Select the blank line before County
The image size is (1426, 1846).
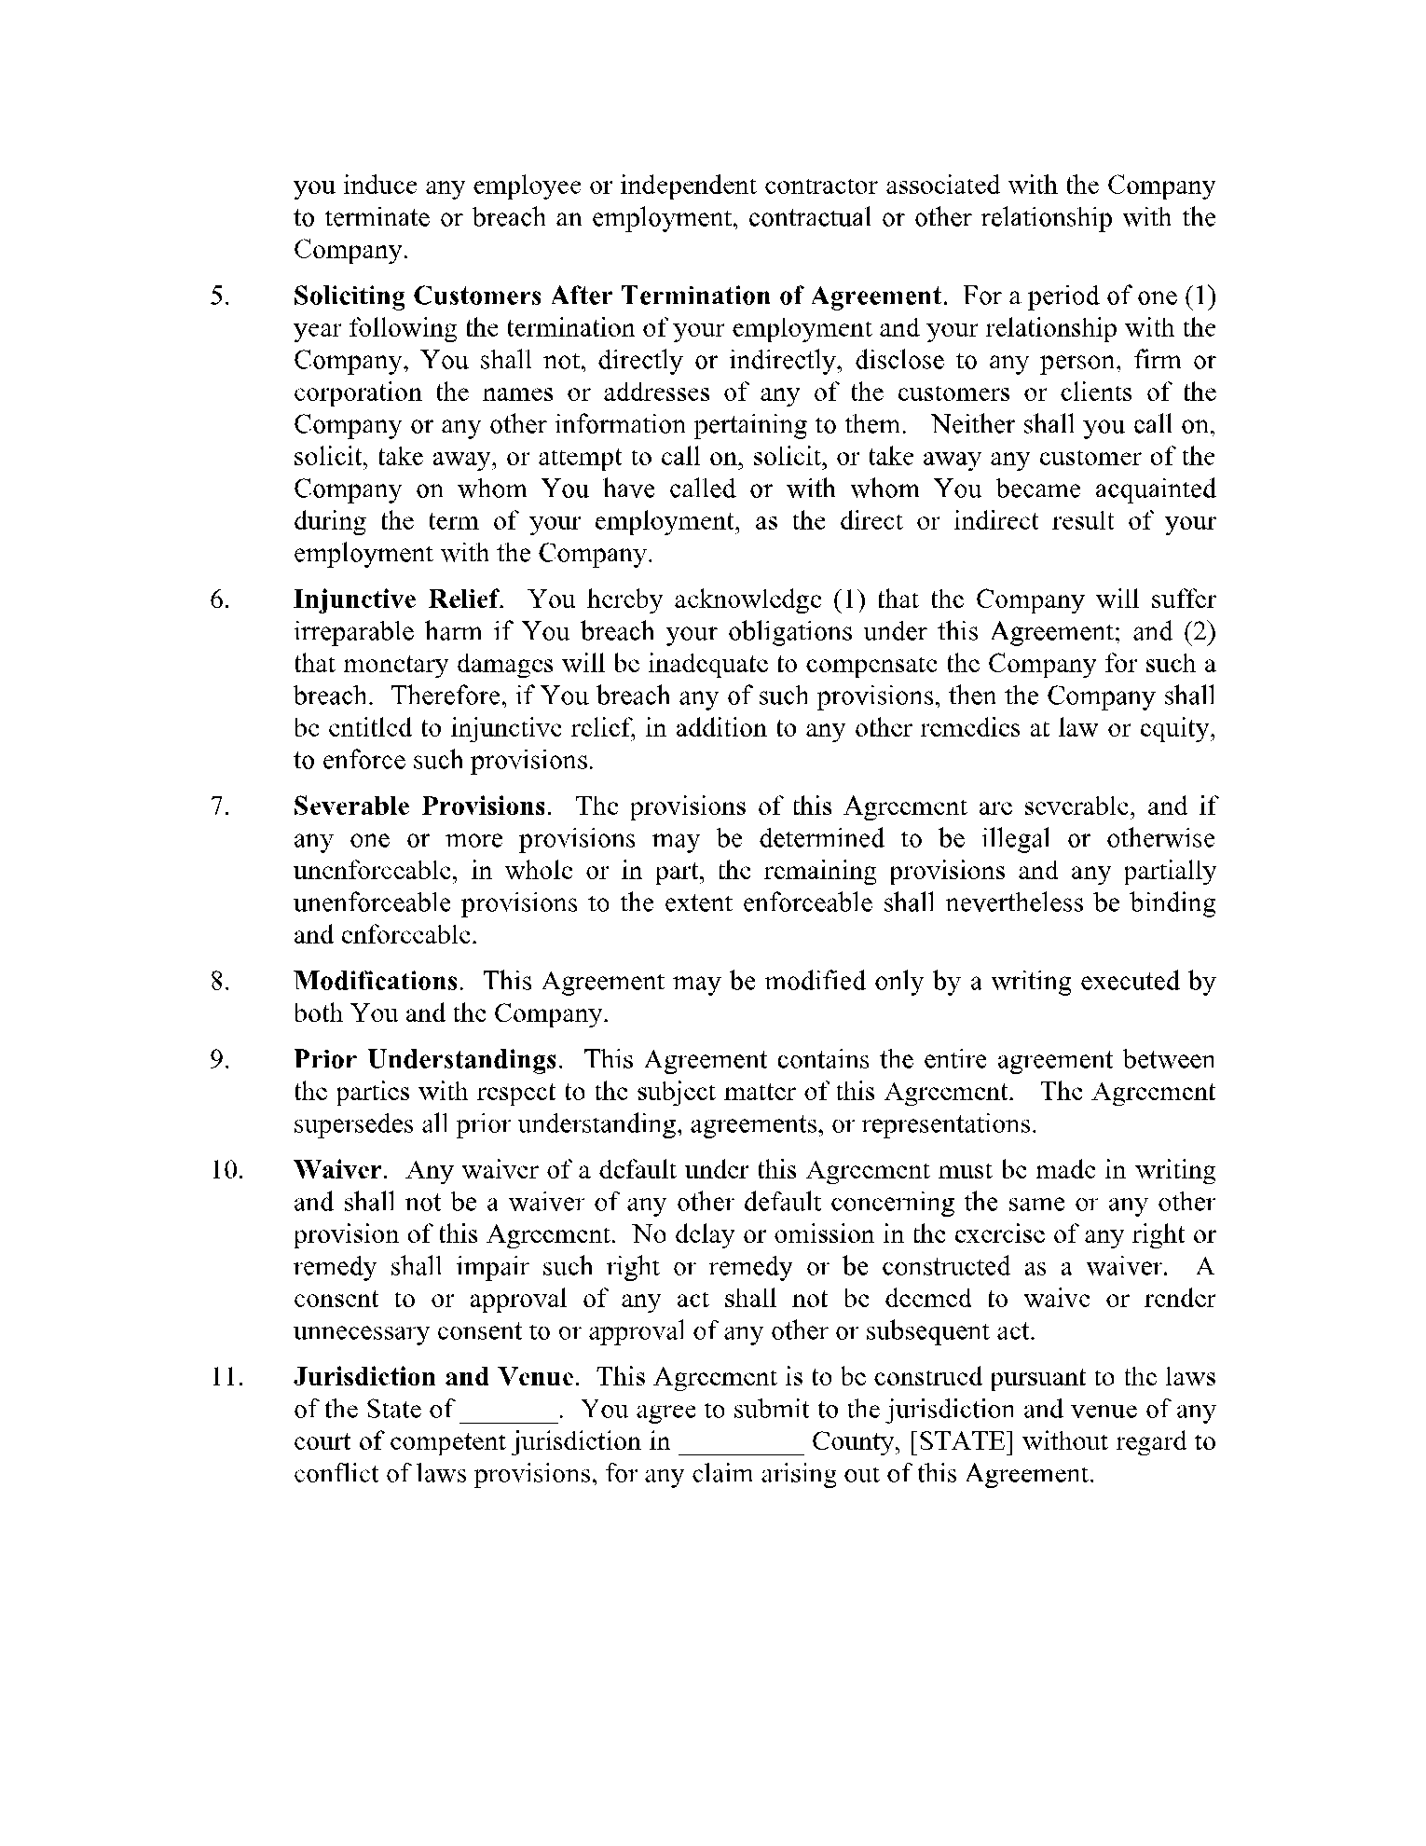[742, 1441]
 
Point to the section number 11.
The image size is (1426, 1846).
[226, 1376]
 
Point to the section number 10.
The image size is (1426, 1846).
[226, 1169]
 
